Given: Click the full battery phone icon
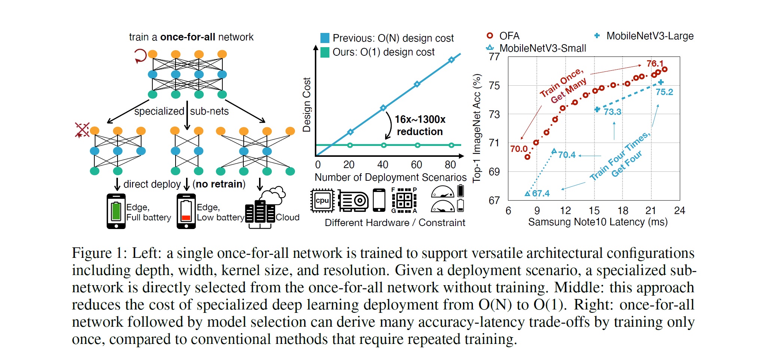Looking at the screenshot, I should point(116,211).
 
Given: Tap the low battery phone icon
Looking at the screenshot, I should point(186,211).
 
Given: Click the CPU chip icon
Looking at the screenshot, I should point(322,201).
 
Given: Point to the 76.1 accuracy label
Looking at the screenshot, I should point(655,64).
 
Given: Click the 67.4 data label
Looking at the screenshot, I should point(541,193).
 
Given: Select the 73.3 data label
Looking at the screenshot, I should point(612,112).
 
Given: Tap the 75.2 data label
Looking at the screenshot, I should point(664,92).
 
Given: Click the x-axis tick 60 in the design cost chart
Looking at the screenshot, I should point(416,165).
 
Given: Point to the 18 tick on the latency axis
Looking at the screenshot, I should point(623,211).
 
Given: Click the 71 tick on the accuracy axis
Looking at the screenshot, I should point(494,143).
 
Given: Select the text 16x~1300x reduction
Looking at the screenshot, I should point(420,125).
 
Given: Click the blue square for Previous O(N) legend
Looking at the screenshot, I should point(325,38).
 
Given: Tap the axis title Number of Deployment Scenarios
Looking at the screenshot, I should point(390,177).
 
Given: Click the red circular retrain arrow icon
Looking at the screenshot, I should point(140,56).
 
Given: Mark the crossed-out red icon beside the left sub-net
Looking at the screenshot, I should point(82,130).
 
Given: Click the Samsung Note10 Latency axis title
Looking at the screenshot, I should point(598,222).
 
